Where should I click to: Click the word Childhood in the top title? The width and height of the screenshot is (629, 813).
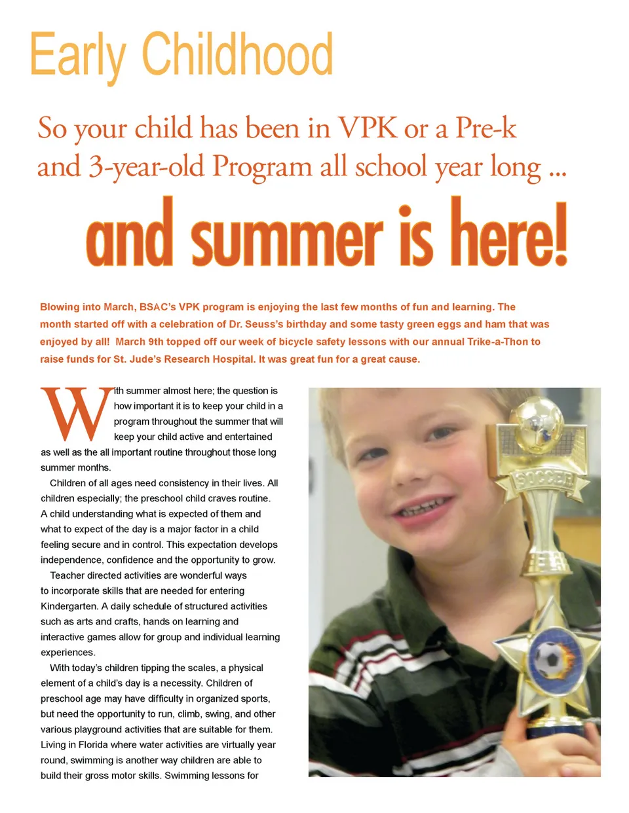[x=237, y=55]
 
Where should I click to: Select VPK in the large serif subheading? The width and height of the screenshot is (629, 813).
[x=367, y=127]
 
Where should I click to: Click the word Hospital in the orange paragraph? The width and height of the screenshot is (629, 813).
[x=229, y=359]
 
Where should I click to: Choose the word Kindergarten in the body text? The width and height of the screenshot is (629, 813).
[x=69, y=606]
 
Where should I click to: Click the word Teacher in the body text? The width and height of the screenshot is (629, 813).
[x=67, y=575]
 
